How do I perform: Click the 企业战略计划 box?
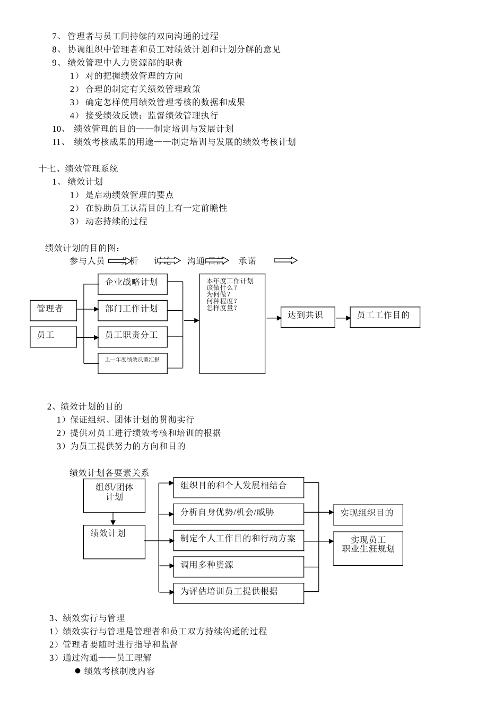[x=132, y=284]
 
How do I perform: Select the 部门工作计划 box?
[x=132, y=310]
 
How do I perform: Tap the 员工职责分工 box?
[x=132, y=336]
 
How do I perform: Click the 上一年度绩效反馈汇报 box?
[x=132, y=360]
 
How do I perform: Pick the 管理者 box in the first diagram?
[x=53, y=310]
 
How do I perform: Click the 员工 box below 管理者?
[x=53, y=337]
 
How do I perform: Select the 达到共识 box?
[x=307, y=317]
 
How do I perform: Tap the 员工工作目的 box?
[x=385, y=317]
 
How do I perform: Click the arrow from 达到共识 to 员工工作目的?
[x=343, y=318]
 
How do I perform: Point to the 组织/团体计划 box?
[x=114, y=495]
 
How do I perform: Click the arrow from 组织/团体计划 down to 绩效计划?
[x=113, y=518]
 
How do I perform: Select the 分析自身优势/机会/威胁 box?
[x=238, y=514]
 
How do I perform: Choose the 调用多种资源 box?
[x=238, y=566]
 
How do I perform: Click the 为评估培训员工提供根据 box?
[x=238, y=593]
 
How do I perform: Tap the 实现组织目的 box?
[x=368, y=514]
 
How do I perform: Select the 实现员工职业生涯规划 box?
[x=368, y=548]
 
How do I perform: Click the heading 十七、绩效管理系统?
[x=79, y=168]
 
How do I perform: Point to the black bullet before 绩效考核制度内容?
[x=77, y=670]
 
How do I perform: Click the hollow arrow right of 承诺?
[x=285, y=260]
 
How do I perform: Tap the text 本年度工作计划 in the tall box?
[x=230, y=281]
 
